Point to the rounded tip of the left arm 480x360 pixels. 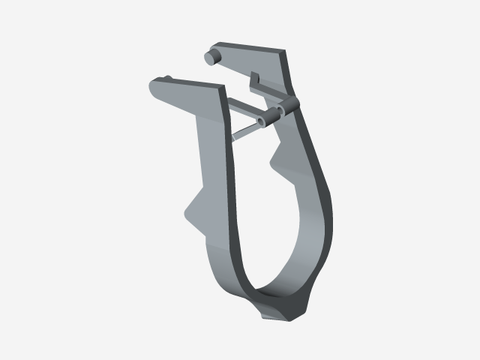154,90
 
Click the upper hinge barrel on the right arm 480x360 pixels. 289,103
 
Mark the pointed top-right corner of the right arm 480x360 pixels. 286,50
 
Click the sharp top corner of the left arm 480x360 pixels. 223,87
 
